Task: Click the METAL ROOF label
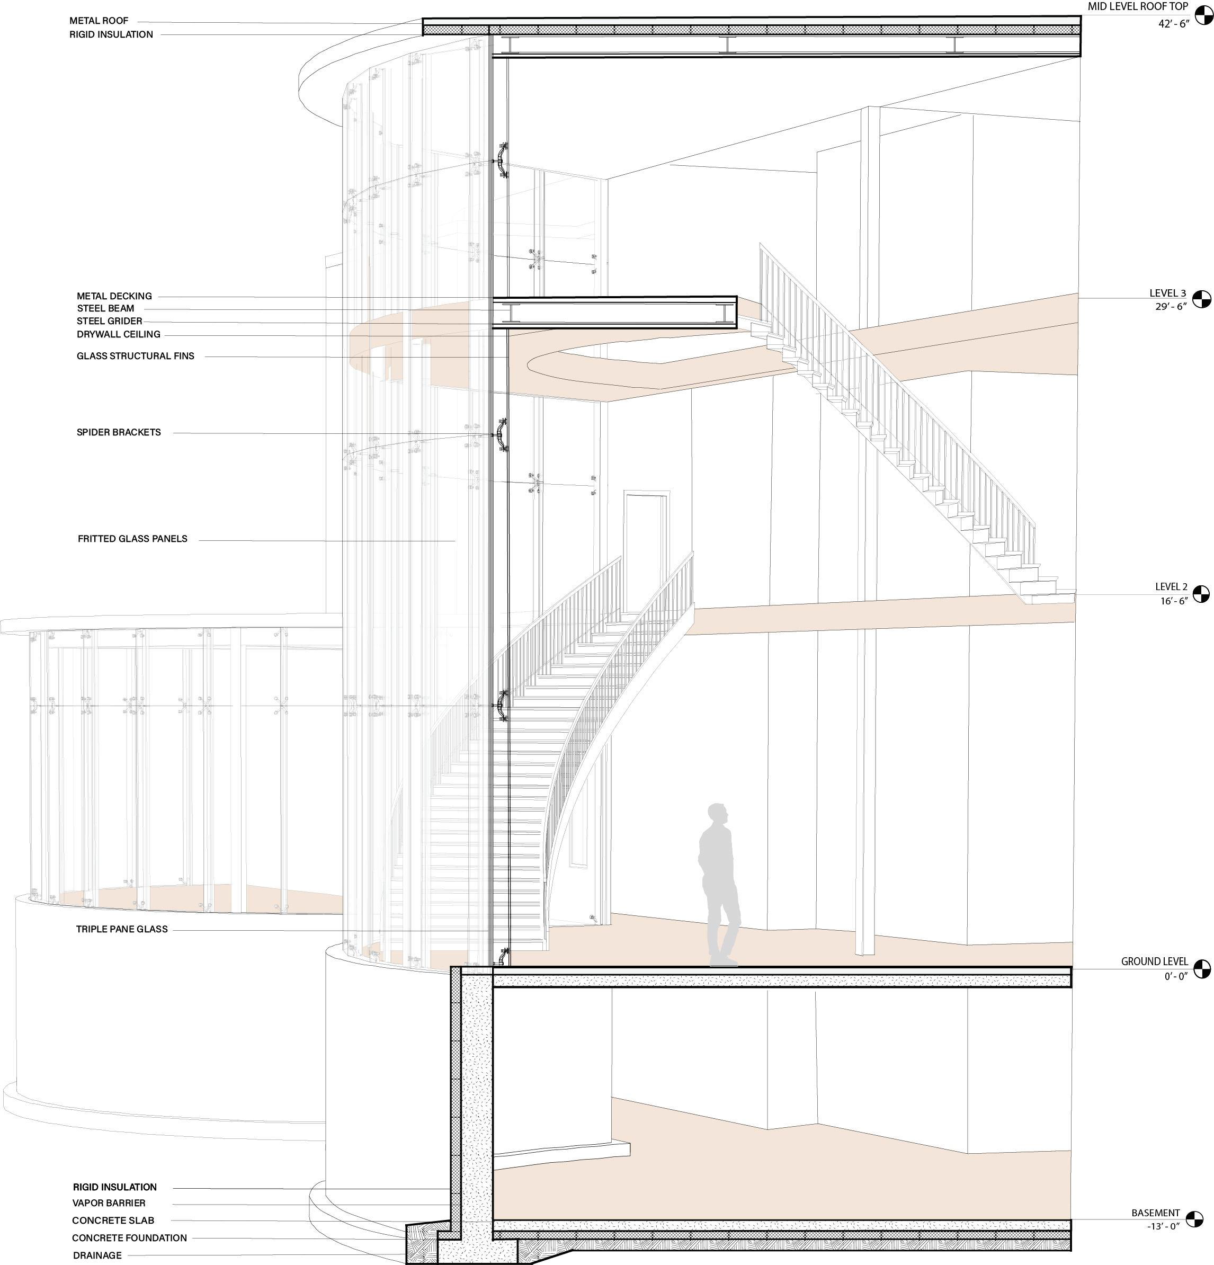(x=99, y=21)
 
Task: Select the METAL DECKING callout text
(x=114, y=296)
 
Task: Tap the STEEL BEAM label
(x=106, y=308)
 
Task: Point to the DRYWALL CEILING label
(x=119, y=334)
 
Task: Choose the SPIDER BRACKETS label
(x=119, y=432)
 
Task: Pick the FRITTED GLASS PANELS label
(x=132, y=539)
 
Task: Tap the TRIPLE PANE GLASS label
(x=122, y=929)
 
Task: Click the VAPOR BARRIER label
(x=109, y=1203)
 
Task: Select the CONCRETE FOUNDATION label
(x=130, y=1238)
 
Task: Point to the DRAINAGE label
(x=97, y=1255)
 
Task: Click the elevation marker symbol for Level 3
(x=1201, y=299)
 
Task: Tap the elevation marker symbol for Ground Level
(x=1202, y=969)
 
